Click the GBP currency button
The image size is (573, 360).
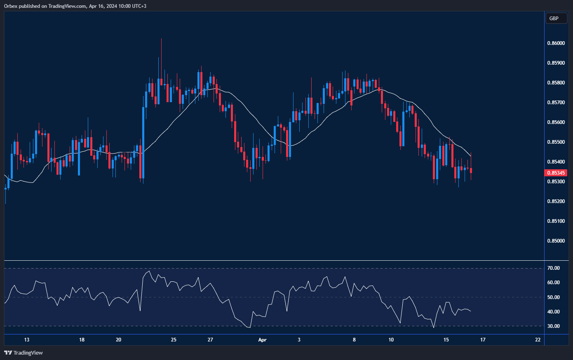point(556,19)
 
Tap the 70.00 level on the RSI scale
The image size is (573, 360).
point(553,268)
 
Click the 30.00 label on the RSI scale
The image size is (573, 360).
point(553,326)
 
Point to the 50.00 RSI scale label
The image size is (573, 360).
point(553,297)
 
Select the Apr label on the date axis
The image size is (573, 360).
point(262,340)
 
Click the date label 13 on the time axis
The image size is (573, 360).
point(27,340)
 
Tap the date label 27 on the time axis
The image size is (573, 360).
point(210,340)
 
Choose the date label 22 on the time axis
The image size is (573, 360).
point(538,340)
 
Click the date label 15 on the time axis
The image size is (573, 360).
point(446,340)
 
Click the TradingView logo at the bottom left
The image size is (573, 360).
point(23,353)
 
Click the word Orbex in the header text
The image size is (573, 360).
point(11,6)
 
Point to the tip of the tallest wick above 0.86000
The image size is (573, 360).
point(161,39)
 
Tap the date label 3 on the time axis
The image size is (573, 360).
point(299,340)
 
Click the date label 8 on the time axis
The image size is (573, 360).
point(354,340)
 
